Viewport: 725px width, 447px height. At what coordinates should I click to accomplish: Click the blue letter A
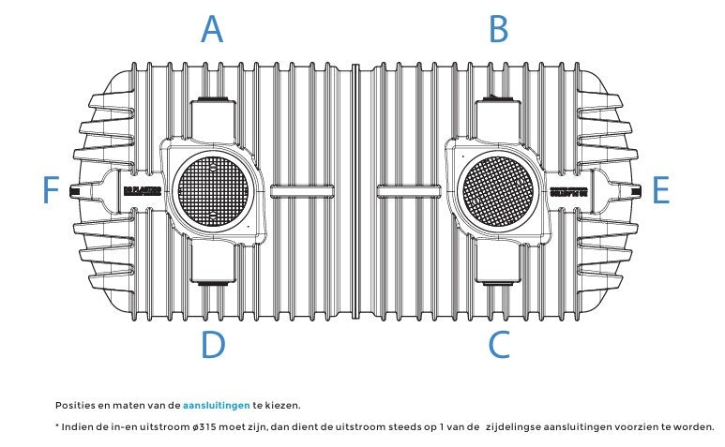pyautogui.click(x=213, y=30)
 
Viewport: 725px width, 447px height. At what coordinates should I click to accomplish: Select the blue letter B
pyautogui.click(x=498, y=30)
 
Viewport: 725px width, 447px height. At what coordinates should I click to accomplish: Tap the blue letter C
pyautogui.click(x=498, y=345)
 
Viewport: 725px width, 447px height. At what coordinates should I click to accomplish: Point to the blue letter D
pyautogui.click(x=213, y=345)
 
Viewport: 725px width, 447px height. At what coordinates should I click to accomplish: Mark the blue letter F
pyautogui.click(x=52, y=191)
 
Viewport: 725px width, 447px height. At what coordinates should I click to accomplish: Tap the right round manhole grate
pyautogui.click(x=498, y=190)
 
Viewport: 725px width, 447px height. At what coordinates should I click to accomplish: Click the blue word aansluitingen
pyautogui.click(x=216, y=406)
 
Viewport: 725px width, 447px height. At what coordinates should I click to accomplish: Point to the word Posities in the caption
pyautogui.click(x=74, y=406)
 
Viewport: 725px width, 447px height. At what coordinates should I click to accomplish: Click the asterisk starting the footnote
pyautogui.click(x=58, y=426)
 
